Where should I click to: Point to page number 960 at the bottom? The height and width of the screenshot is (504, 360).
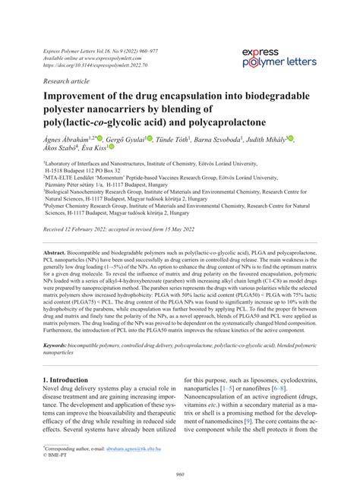180,476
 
